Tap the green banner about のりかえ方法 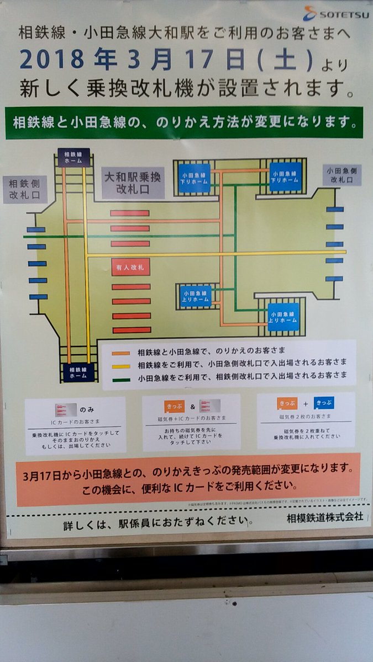pos(184,122)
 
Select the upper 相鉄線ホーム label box pos(73,157)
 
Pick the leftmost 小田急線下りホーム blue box pos(194,178)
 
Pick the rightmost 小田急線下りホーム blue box pos(285,177)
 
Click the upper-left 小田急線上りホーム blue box pos(195,296)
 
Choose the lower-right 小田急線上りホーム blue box pos(283,317)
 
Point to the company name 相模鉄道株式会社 pos(325,518)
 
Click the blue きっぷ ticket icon pos(324,403)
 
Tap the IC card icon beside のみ pos(65,410)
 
